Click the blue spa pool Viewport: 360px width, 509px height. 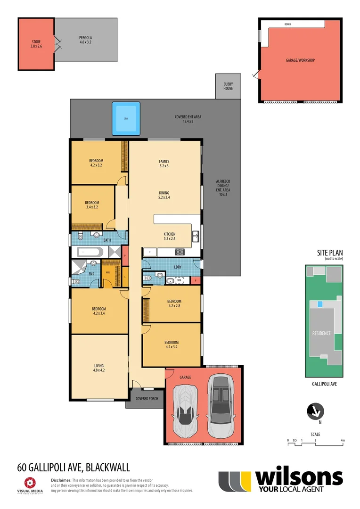click(x=126, y=118)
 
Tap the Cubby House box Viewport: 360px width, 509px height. click(x=228, y=86)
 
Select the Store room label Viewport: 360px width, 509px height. click(x=36, y=44)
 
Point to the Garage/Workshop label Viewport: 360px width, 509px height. click(x=300, y=60)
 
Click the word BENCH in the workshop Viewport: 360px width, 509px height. click(x=287, y=24)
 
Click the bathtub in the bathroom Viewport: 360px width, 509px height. click(x=90, y=252)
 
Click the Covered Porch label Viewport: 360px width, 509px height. click(x=147, y=399)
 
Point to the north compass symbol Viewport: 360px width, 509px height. click(x=315, y=411)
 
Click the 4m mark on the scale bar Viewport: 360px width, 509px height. click(x=343, y=440)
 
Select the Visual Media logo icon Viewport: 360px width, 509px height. click(x=30, y=482)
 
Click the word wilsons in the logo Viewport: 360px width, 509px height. click(x=298, y=477)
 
